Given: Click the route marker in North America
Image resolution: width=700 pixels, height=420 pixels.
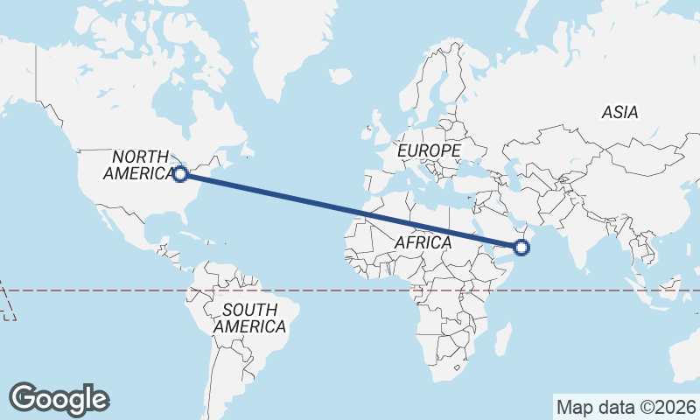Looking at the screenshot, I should pos(180,174).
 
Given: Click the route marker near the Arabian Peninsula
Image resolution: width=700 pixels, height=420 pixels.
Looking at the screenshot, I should pos(521,248).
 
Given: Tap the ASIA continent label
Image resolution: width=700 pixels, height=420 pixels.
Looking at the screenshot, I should pos(619,112).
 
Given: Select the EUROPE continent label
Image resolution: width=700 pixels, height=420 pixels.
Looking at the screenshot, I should pos(429,151).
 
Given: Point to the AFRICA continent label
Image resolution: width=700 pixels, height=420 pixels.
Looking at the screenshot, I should pos(423,241).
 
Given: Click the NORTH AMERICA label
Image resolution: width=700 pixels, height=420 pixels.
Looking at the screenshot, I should pos(139,164).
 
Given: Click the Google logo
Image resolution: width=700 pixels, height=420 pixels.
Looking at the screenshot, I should pos(59,398).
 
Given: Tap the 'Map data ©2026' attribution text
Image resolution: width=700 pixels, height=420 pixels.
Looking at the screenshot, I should pos(626,407).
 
